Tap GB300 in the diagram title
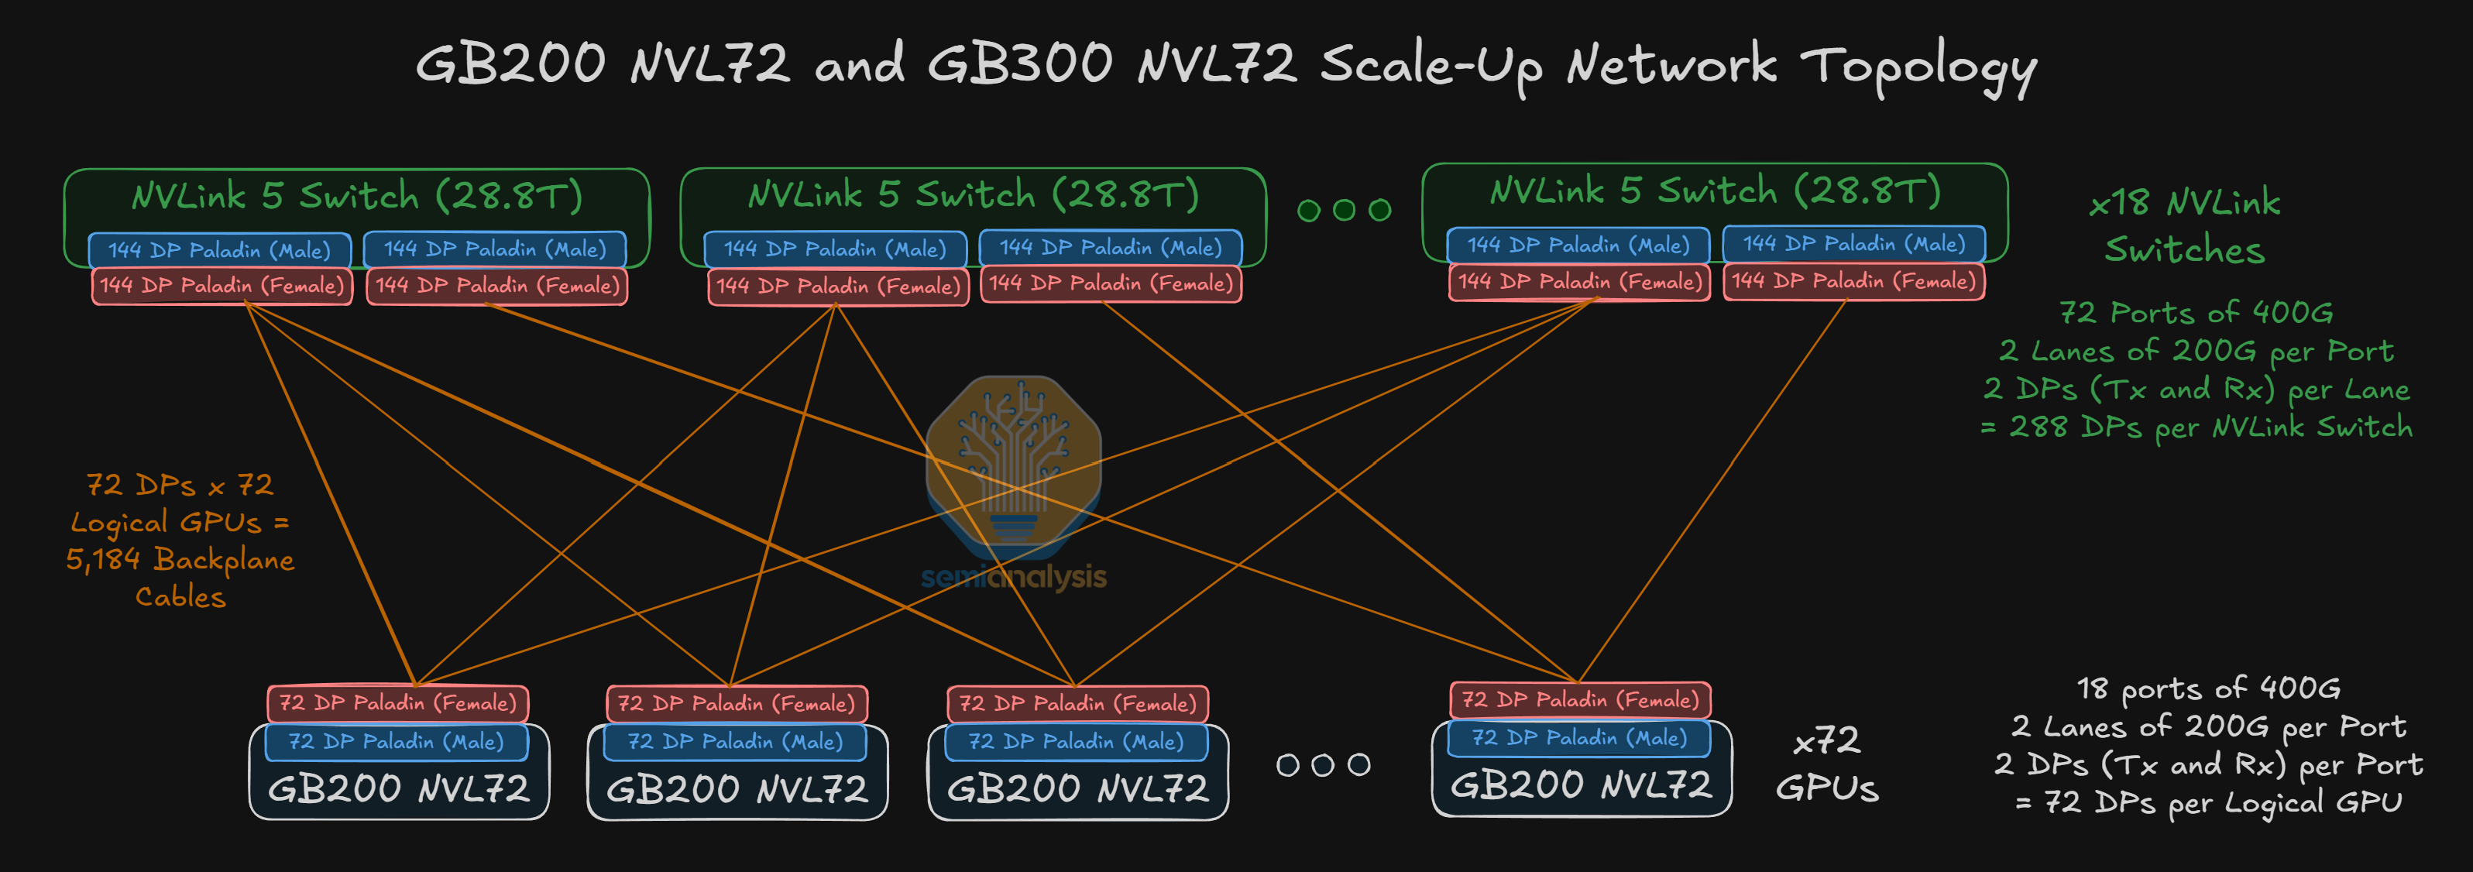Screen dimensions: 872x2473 1019,64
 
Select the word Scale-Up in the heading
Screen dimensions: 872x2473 1431,65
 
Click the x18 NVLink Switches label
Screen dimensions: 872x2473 2184,225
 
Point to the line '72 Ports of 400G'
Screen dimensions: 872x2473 2196,312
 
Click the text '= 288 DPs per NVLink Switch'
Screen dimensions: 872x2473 2196,427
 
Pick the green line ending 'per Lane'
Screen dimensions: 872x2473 2196,389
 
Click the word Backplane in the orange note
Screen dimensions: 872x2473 224,559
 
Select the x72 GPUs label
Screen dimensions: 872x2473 1826,764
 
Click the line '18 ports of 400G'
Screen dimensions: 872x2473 2208,688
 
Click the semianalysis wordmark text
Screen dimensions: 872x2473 1014,576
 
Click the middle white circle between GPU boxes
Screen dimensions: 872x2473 1323,764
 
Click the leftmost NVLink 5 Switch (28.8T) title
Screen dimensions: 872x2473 357,196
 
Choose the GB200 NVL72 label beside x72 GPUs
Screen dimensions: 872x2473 1581,785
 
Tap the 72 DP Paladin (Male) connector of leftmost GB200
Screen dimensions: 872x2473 397,741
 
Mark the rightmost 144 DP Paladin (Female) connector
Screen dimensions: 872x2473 1854,281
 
